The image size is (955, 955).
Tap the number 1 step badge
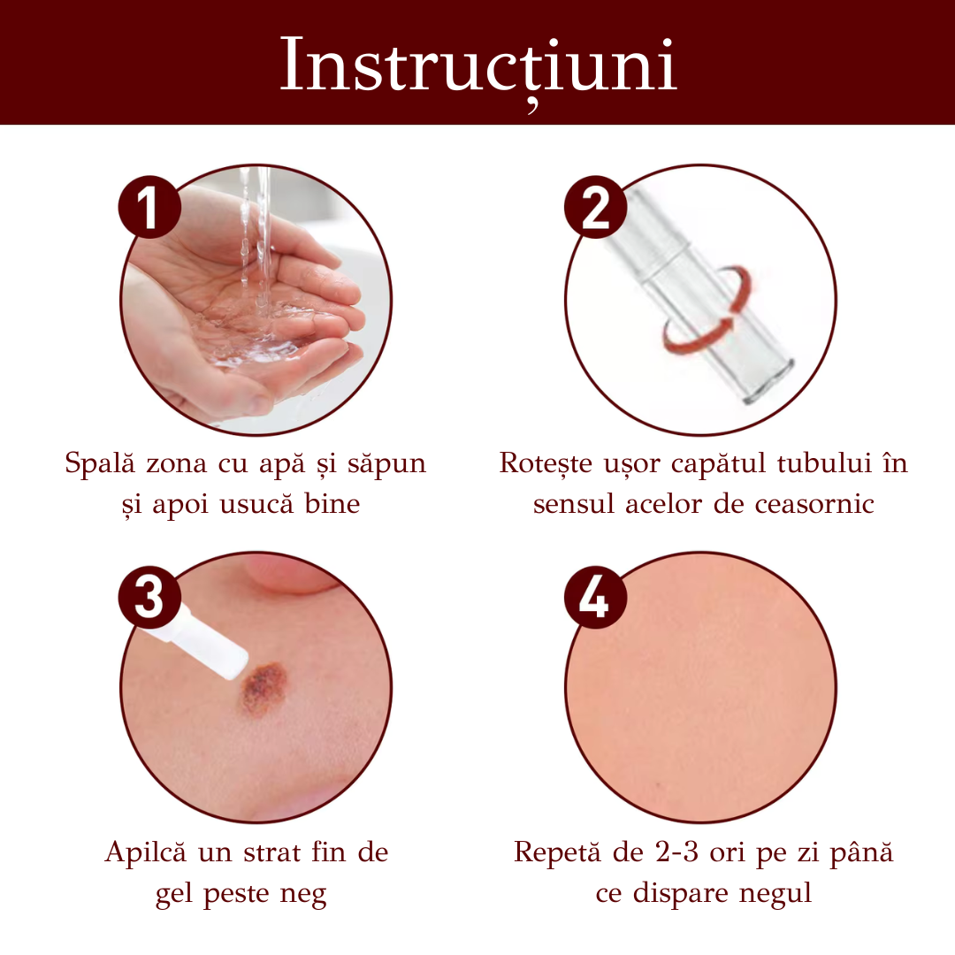tap(149, 207)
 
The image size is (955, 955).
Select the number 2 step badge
tap(595, 207)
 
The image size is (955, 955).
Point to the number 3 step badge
tap(149, 597)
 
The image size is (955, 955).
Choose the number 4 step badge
tap(595, 597)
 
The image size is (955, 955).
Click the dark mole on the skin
tap(264, 688)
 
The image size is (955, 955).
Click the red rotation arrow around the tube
tap(707, 310)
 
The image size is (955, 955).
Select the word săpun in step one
tap(386, 465)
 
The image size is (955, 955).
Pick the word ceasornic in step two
tap(814, 504)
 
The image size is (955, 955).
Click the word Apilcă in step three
tap(145, 852)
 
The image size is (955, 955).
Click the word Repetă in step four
tap(557, 852)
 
